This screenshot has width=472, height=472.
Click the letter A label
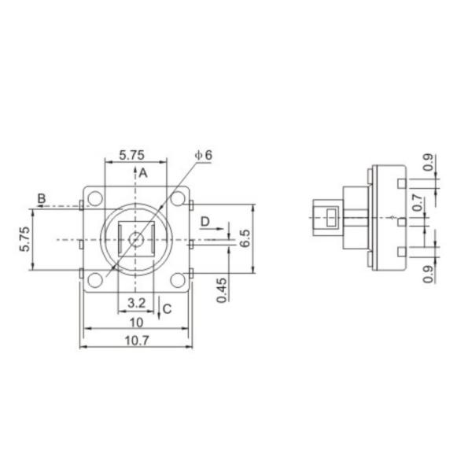pyautogui.click(x=144, y=174)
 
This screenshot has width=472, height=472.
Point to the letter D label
pyautogui.click(x=205, y=222)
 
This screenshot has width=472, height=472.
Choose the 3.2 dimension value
pyautogui.click(x=135, y=302)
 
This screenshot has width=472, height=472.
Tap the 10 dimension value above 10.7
pyautogui.click(x=135, y=322)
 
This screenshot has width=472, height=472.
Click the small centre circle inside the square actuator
pyautogui.click(x=135, y=238)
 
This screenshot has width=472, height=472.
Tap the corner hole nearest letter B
pyautogui.click(x=96, y=198)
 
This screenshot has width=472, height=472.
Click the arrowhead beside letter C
pyautogui.click(x=160, y=313)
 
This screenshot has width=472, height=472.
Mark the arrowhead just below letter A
pyautogui.click(x=135, y=168)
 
